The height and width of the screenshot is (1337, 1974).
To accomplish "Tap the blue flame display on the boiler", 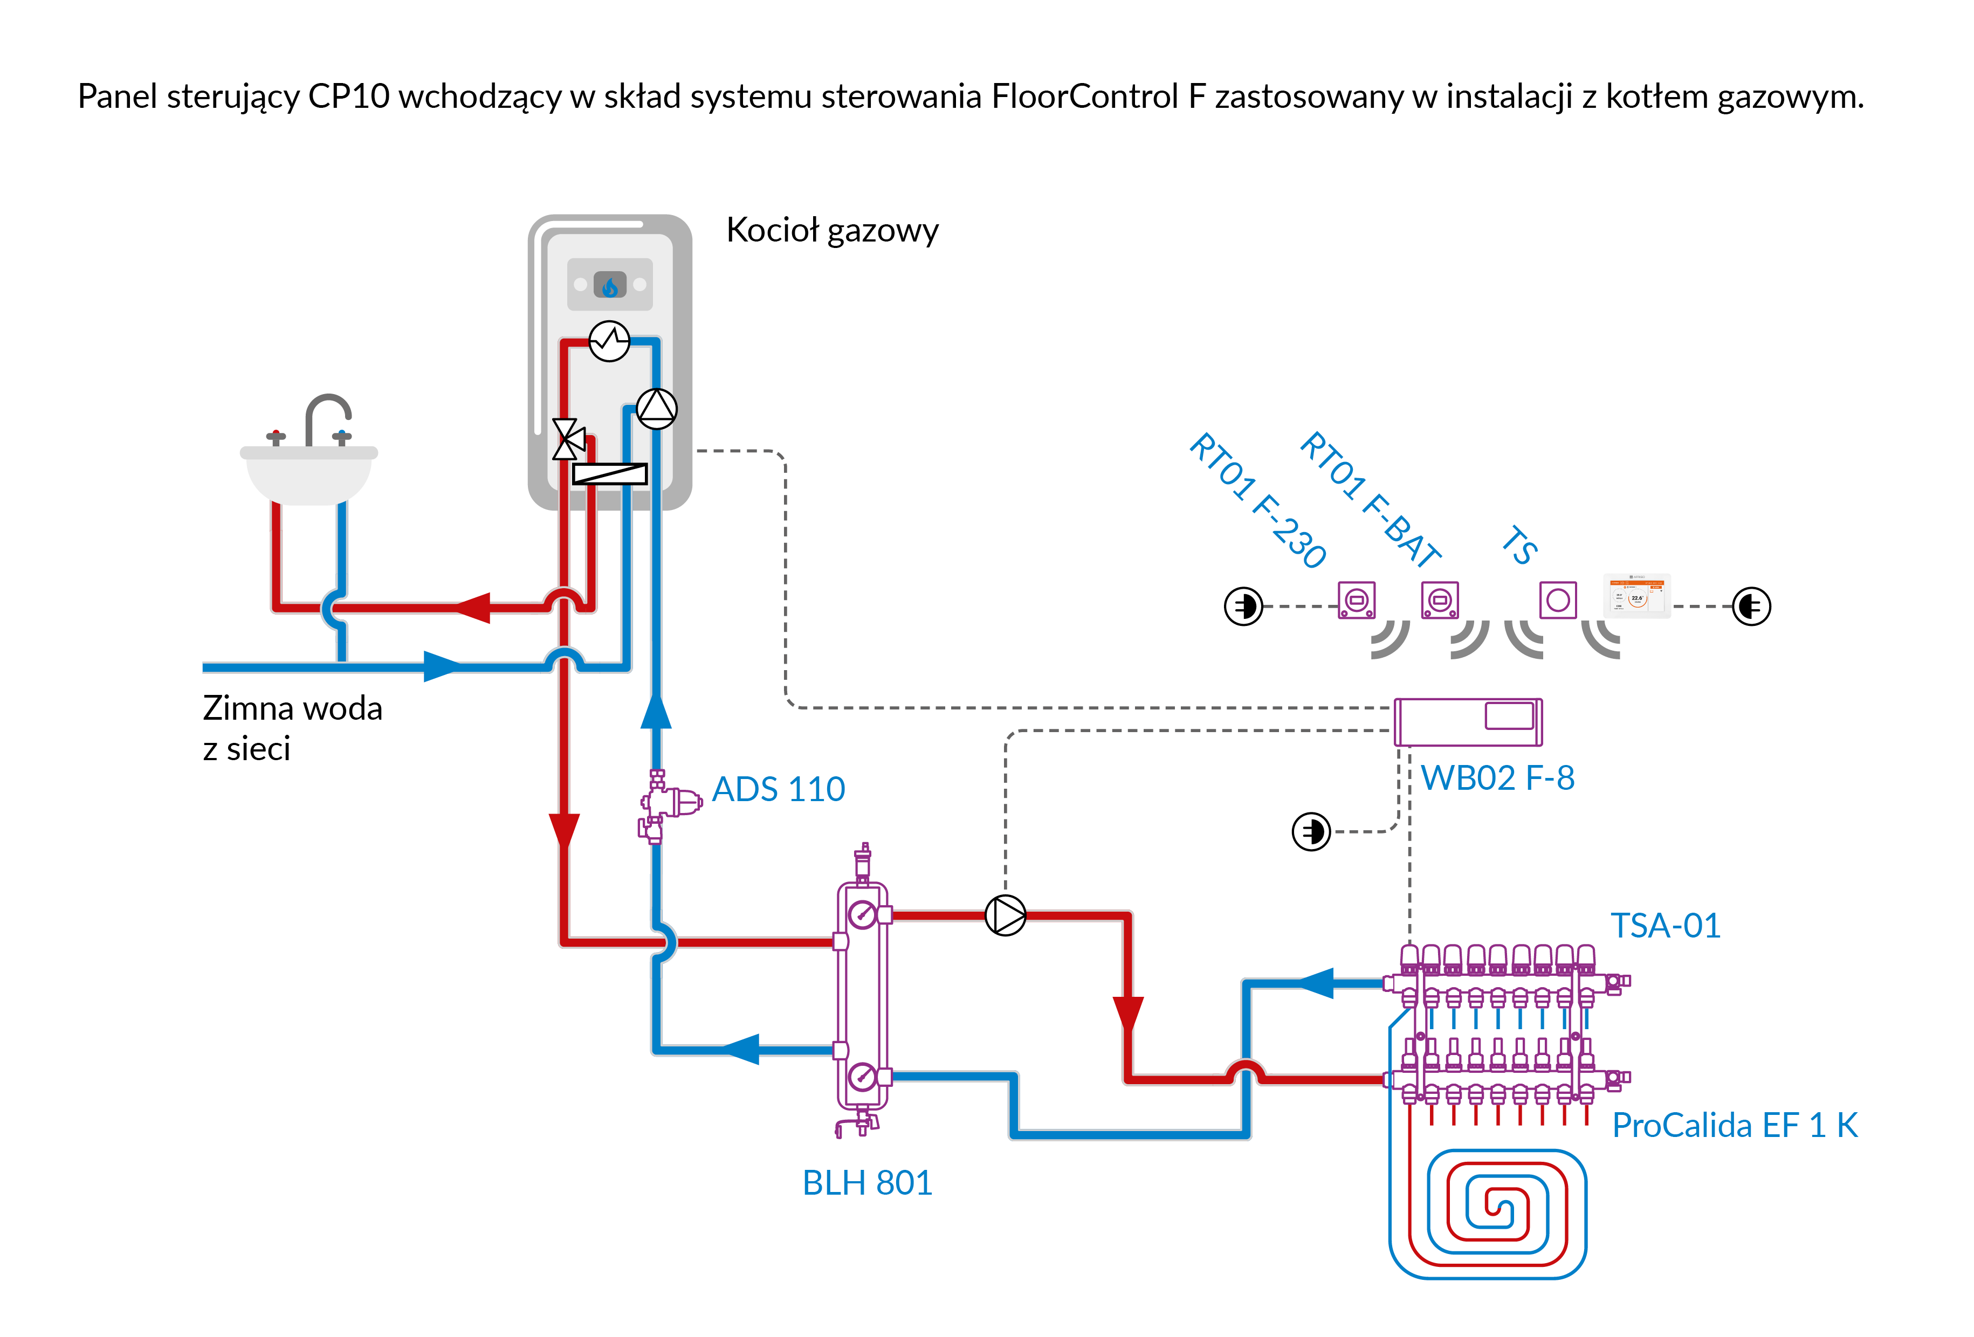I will point(610,285).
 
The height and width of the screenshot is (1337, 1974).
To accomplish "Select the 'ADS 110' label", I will point(778,789).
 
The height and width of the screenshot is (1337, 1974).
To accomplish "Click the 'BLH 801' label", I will point(867,1182).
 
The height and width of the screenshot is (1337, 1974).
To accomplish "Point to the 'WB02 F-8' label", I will point(1497,778).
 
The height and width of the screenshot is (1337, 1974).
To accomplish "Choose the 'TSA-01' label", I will point(1666,925).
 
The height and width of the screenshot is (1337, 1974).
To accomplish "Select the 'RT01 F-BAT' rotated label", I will point(1370,499).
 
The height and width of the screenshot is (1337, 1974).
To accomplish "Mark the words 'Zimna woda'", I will point(292,707).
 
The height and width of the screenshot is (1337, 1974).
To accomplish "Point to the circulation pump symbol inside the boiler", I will point(657,409).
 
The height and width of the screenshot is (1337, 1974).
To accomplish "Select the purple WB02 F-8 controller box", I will point(1468,722).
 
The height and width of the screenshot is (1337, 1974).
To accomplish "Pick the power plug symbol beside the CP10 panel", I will point(1751,607).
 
